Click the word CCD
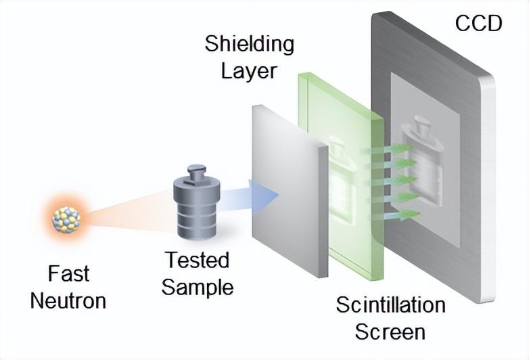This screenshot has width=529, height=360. coord(479,23)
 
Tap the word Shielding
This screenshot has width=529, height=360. coord(249,45)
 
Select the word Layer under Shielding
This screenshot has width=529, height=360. coord(249,70)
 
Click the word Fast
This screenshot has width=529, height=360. coord(68,274)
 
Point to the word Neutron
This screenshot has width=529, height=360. coord(68,299)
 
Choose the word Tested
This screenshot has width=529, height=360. coord(197,260)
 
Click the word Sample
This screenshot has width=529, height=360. coord(197,286)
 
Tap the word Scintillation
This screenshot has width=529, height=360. coord(390,306)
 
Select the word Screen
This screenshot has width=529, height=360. coord(390,332)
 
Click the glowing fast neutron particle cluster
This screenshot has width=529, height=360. coord(67,219)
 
